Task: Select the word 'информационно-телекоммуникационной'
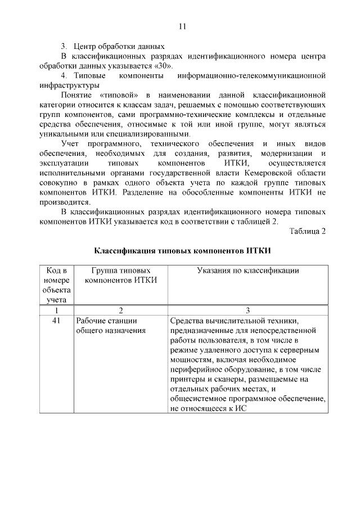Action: tap(251, 75)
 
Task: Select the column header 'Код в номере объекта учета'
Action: tap(56, 285)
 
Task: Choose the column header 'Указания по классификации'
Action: tap(247, 271)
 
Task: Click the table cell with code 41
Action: tap(56, 321)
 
